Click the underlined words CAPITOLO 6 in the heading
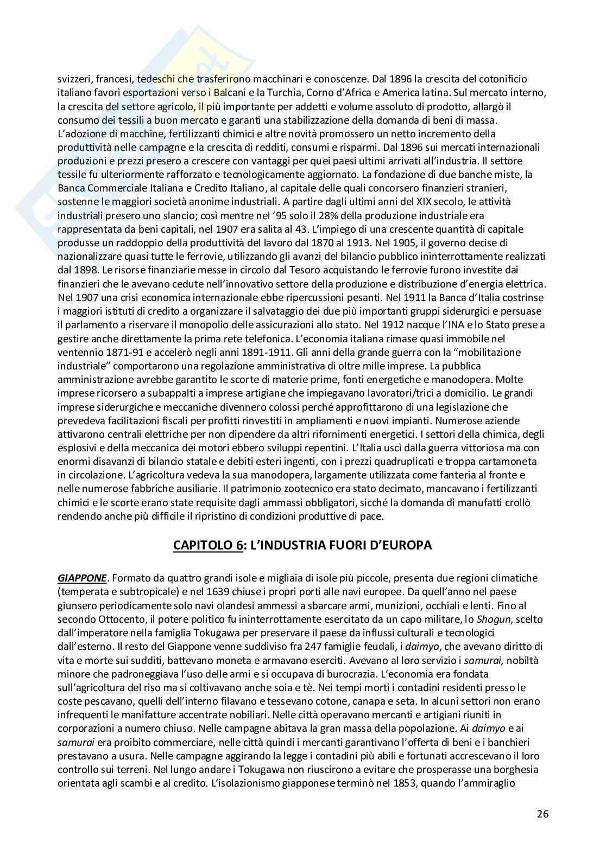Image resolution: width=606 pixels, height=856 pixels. [208, 545]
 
